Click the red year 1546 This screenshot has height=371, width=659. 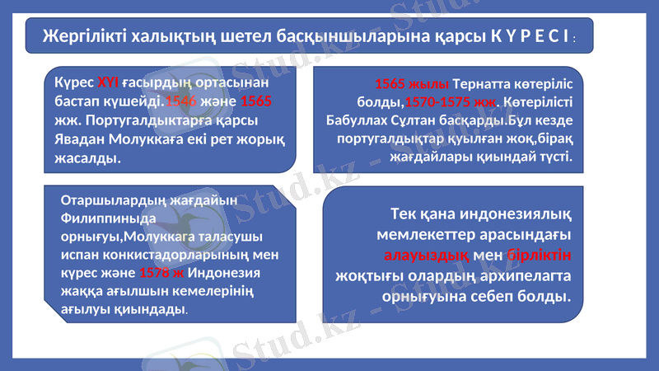point(180,101)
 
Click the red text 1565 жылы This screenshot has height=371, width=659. point(411,84)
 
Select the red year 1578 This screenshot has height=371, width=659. point(156,274)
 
